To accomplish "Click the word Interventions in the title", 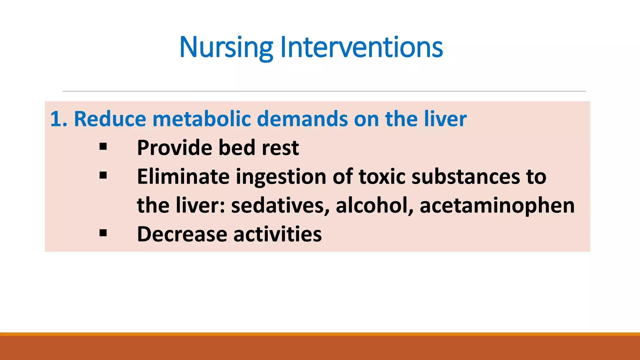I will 362,47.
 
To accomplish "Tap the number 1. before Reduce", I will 58,119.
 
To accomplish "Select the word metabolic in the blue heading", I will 202,119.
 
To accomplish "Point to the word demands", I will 302,119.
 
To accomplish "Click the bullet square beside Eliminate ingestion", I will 103,175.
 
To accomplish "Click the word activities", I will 277,234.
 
